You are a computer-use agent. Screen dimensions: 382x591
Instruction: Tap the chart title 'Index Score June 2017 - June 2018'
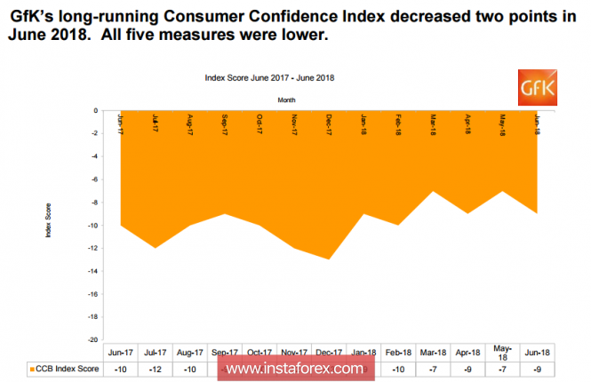click(x=269, y=77)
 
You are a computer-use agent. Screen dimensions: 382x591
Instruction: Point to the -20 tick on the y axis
click(x=96, y=339)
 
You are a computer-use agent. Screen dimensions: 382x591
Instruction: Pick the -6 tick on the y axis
click(x=97, y=179)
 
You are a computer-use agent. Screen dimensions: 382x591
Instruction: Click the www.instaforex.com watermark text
click(x=293, y=367)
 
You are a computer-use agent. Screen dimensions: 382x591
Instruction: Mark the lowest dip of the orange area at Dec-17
click(x=330, y=259)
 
